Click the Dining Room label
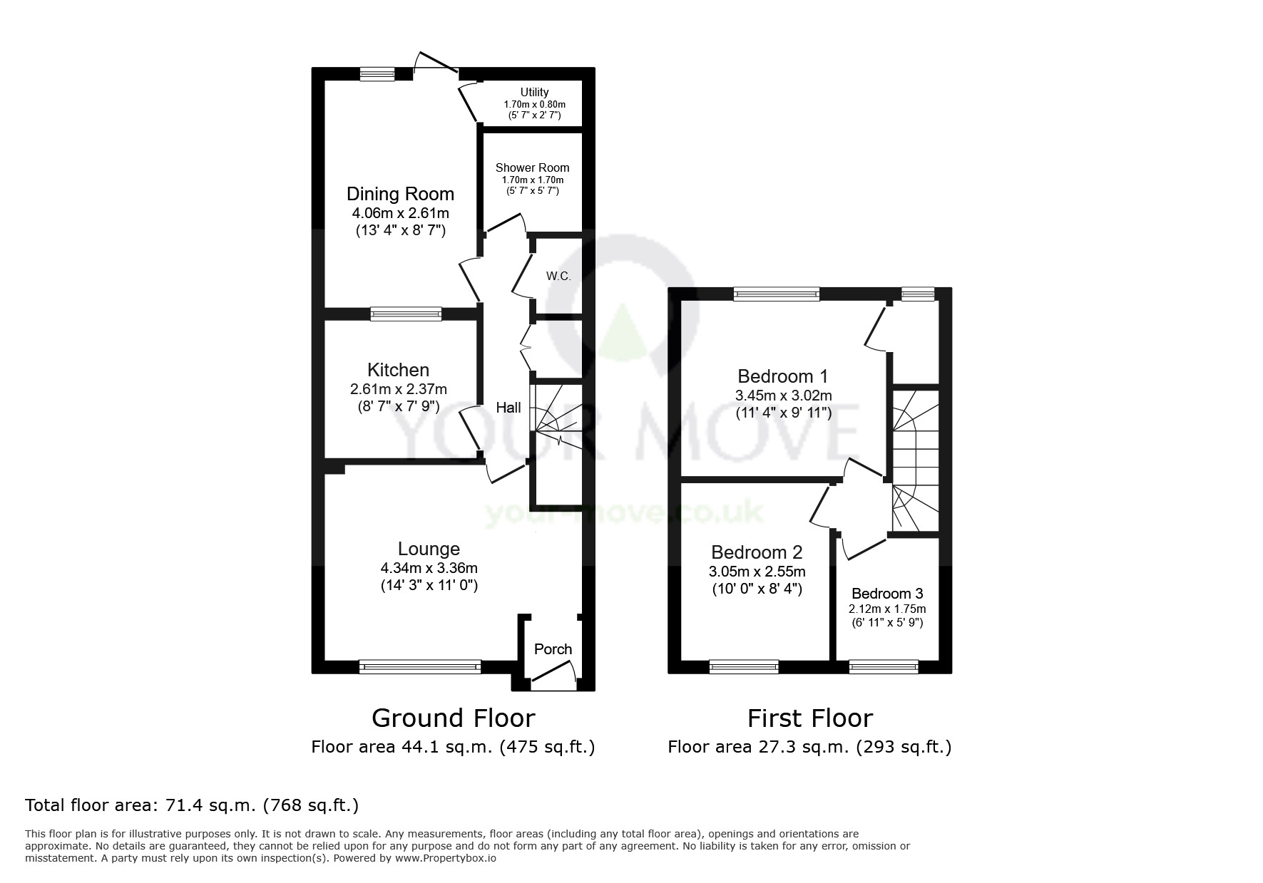[x=400, y=194]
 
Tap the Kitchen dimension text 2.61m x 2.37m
[x=398, y=389]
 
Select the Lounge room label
[x=429, y=549]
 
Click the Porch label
[x=553, y=649]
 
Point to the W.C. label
[x=558, y=277]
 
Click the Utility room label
[x=534, y=92]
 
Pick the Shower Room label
[x=532, y=168]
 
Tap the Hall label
[x=508, y=408]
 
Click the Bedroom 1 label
[x=783, y=376]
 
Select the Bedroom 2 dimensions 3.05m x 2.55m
[x=757, y=572]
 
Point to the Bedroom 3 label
[x=886, y=594]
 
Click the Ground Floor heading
[x=453, y=718]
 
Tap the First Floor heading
[x=809, y=718]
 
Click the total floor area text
[x=192, y=805]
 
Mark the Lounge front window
[x=420, y=666]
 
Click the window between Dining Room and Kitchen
[x=406, y=314]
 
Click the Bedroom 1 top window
[x=776, y=294]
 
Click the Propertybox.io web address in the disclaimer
[x=445, y=859]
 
